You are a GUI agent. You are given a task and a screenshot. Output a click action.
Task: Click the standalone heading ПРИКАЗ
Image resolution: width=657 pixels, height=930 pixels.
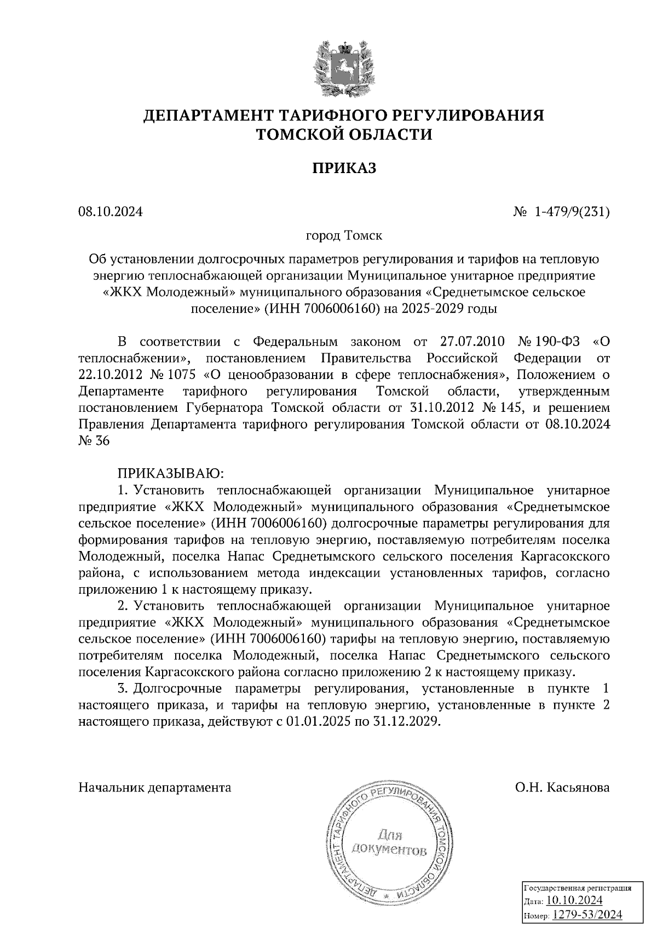coord(344,168)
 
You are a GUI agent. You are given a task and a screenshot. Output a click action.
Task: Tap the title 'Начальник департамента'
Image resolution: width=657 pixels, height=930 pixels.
coord(155,788)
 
